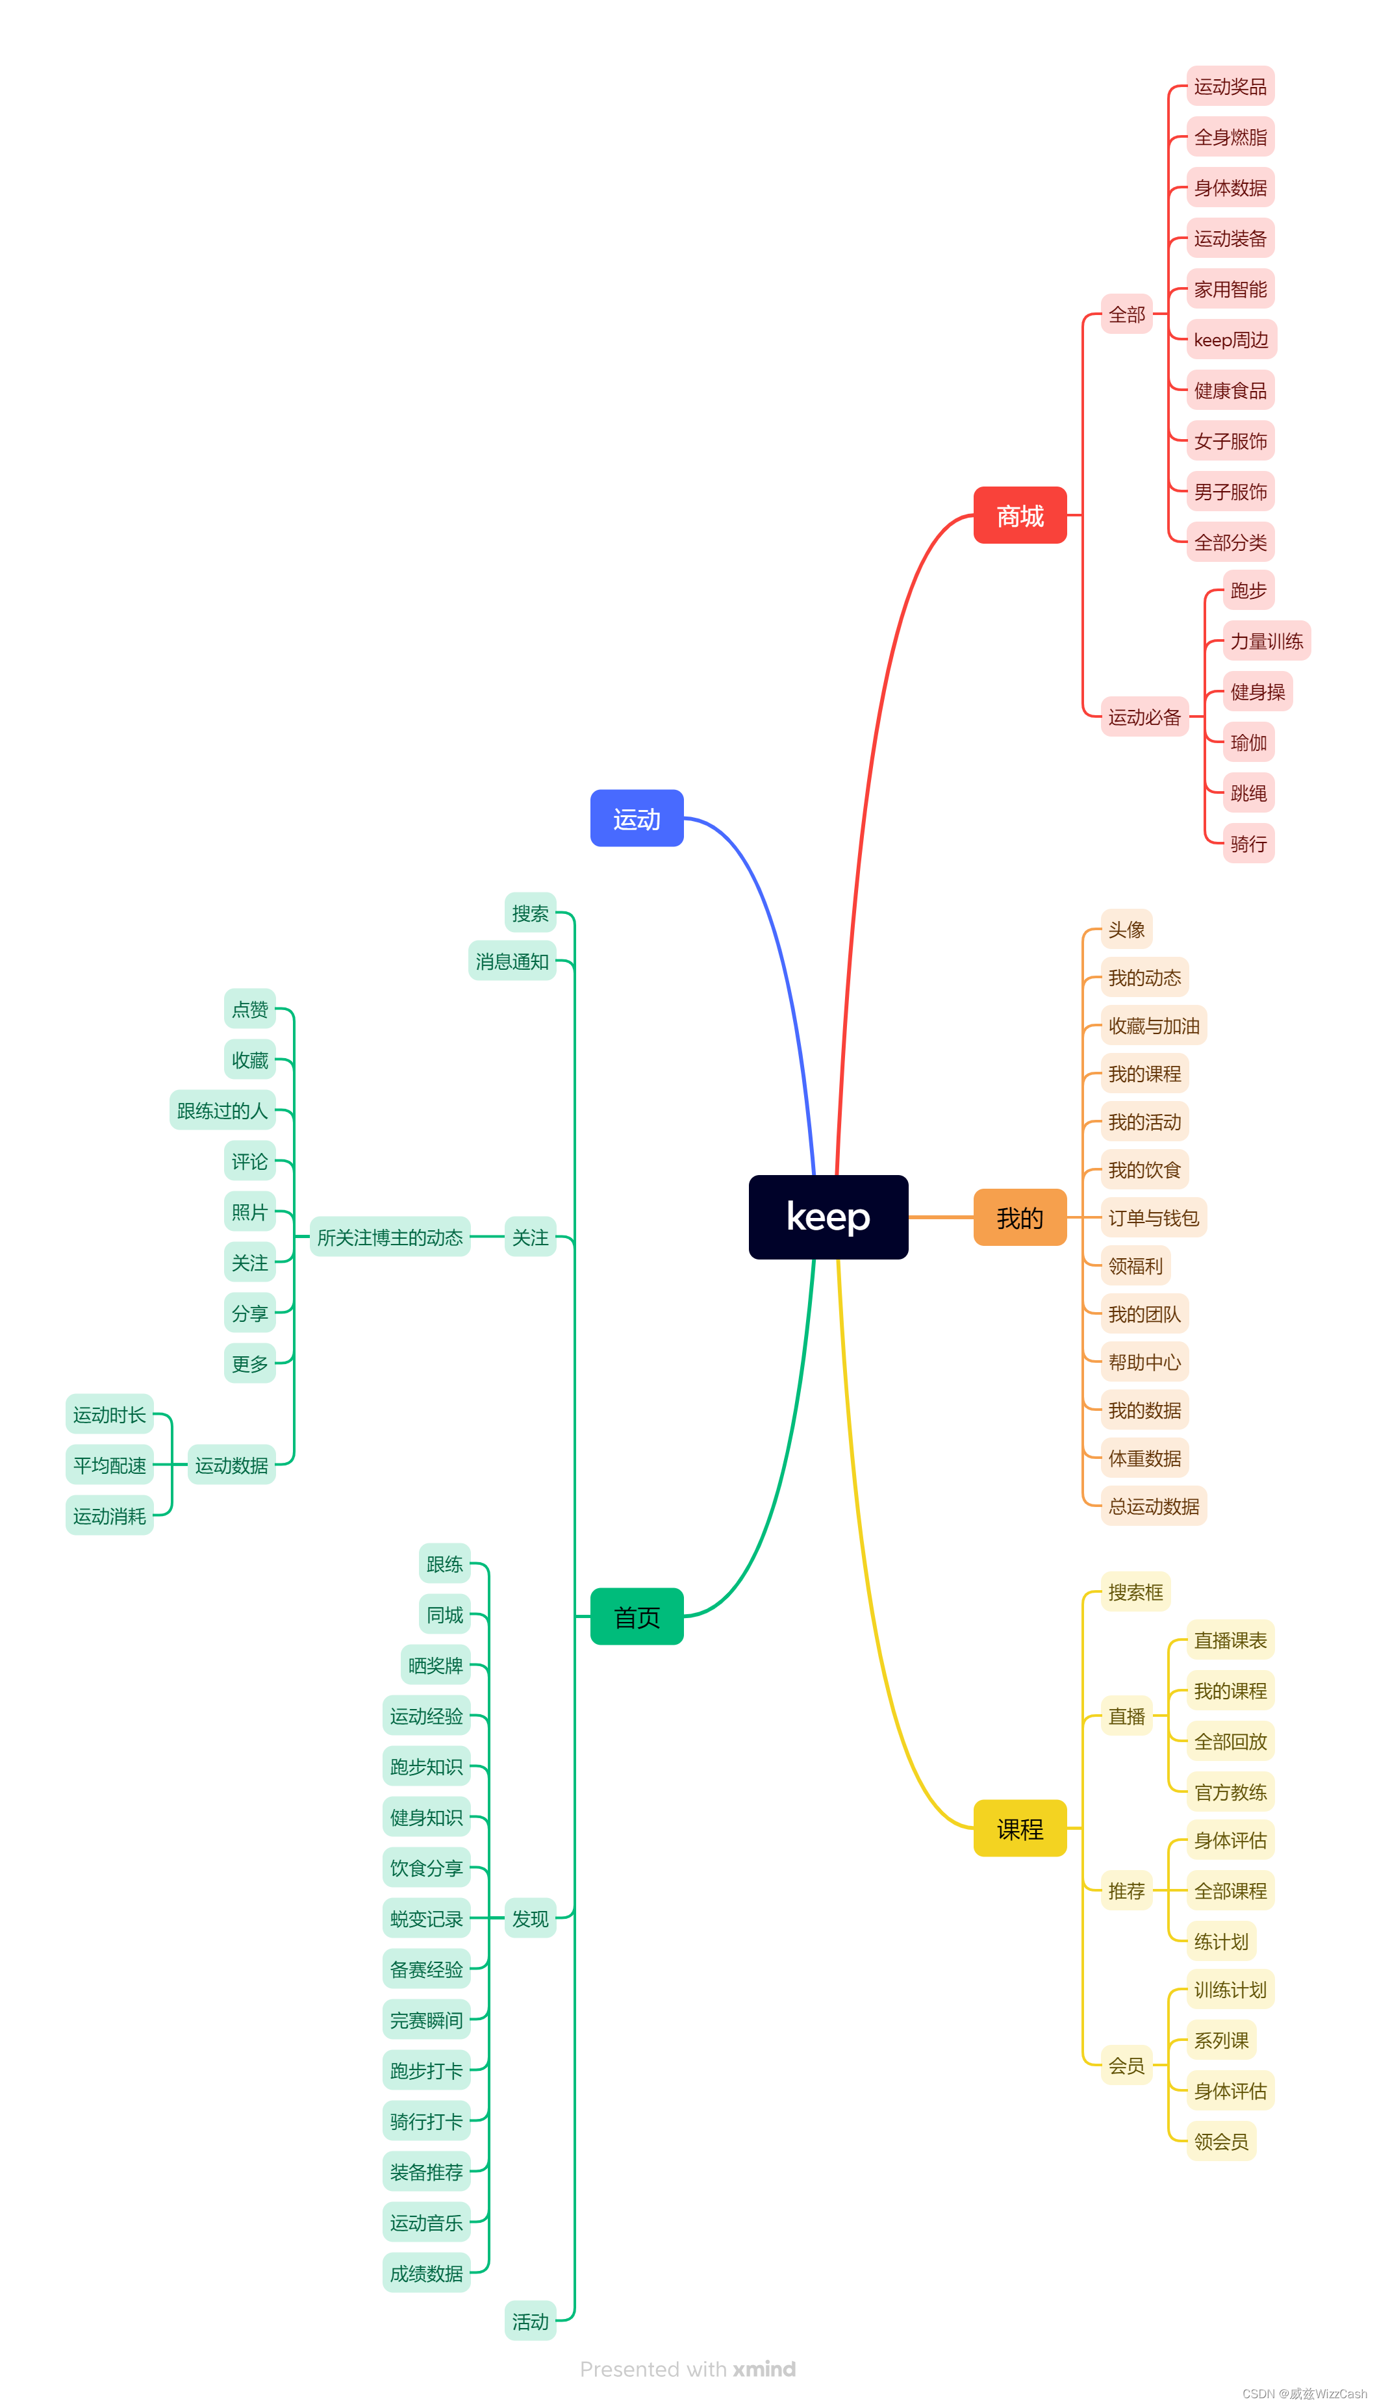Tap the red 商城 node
(x=1020, y=516)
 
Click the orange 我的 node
(x=1020, y=1217)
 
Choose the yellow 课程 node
(x=1020, y=1828)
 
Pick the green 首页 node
(x=637, y=1616)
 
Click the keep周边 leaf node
(x=1230, y=340)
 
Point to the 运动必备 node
(x=1144, y=717)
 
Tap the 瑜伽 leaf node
(x=1248, y=742)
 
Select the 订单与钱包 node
(x=1153, y=1217)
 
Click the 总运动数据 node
(x=1153, y=1506)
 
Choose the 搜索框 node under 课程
(x=1135, y=1591)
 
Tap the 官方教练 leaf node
(x=1230, y=1792)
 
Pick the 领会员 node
(x=1221, y=2140)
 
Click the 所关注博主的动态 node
(x=390, y=1237)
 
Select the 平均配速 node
(x=110, y=1465)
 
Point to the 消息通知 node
(x=512, y=961)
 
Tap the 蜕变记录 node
(x=427, y=1918)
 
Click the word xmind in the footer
(x=764, y=2368)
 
